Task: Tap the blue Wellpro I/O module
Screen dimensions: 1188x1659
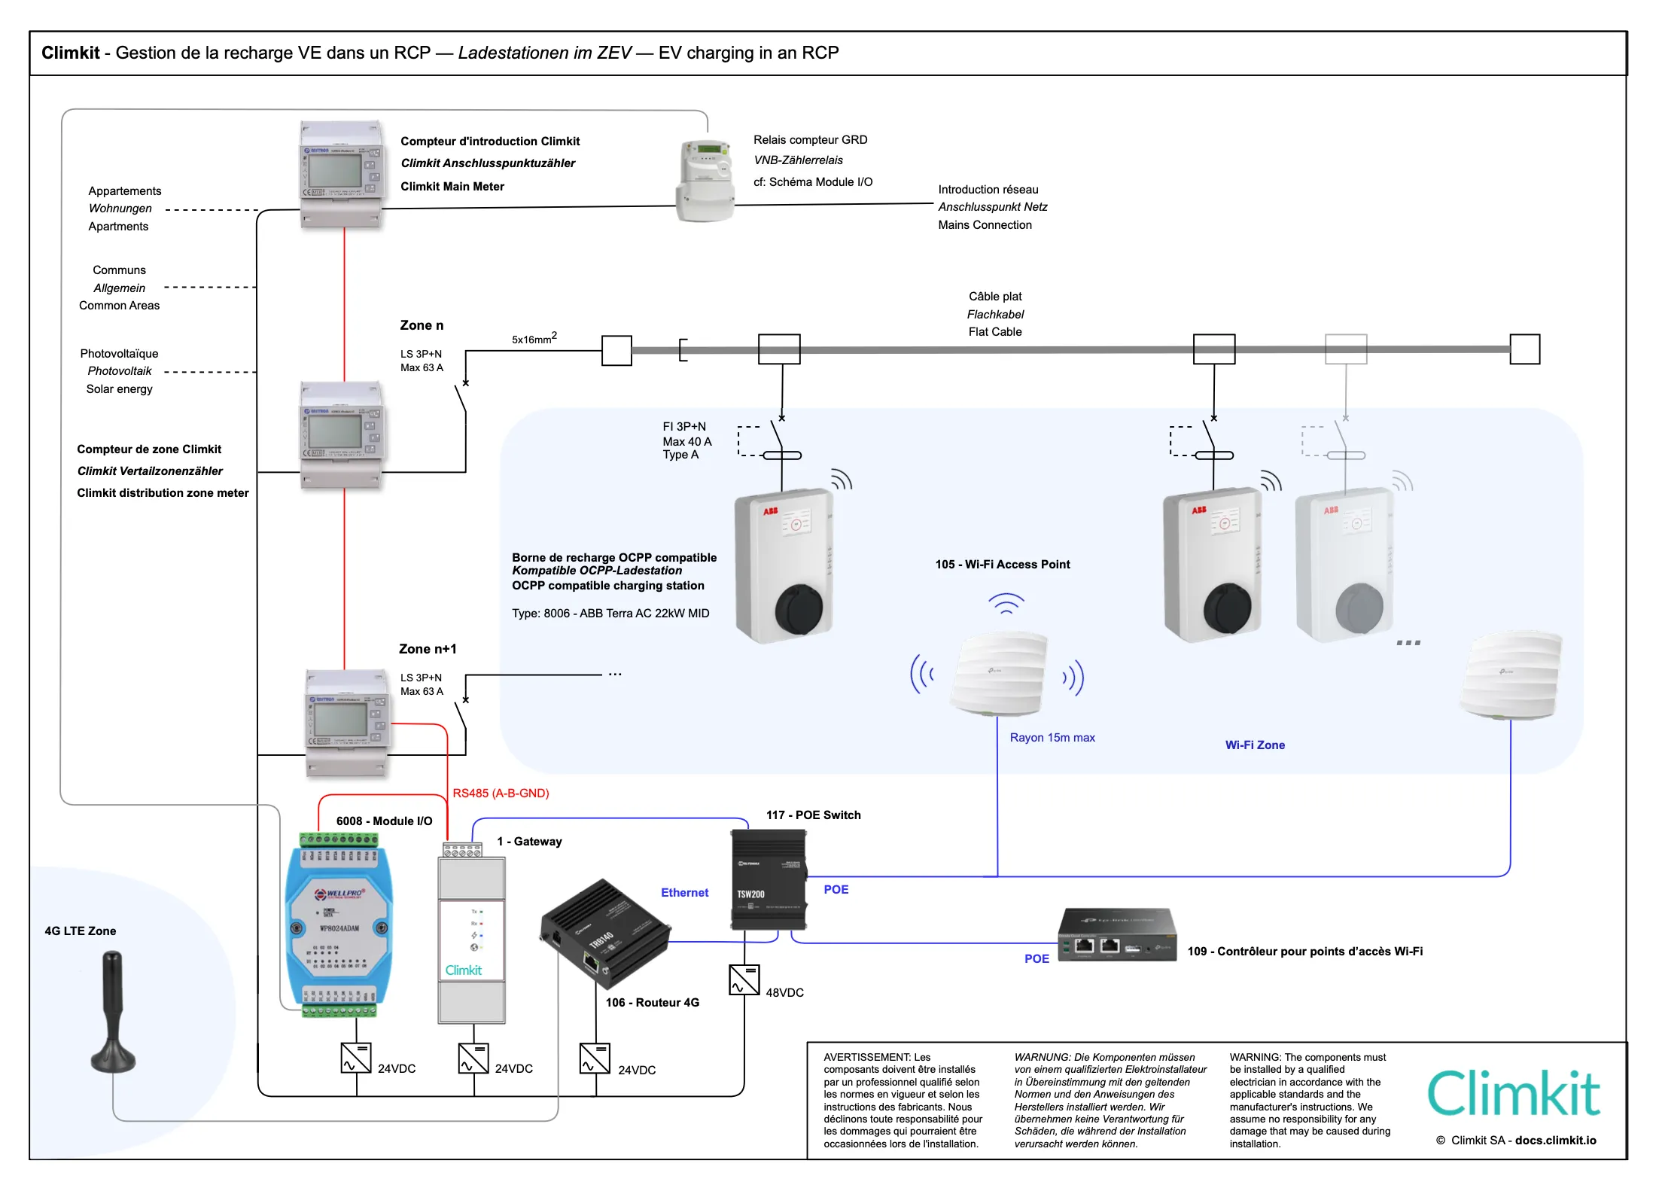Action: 339,926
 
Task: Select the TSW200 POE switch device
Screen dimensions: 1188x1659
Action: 768,879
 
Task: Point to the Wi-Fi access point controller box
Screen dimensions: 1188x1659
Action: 1117,935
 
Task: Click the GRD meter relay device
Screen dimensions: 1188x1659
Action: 705,181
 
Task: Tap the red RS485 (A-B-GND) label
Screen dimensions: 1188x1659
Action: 501,794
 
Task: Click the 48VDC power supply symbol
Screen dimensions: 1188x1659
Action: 744,980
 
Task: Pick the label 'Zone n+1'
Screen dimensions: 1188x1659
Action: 428,649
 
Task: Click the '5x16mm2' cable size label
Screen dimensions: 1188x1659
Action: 534,339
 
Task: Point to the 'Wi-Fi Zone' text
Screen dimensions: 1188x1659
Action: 1255,745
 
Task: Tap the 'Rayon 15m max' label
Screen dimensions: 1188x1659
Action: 1052,738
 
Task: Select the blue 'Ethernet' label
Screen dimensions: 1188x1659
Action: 684,893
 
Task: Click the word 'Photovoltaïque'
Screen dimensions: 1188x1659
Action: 119,354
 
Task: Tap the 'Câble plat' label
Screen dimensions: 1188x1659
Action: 995,297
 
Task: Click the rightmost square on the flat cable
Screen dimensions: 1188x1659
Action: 1525,349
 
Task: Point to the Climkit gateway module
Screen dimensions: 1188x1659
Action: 472,937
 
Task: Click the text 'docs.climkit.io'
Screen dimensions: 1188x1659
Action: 1555,1141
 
